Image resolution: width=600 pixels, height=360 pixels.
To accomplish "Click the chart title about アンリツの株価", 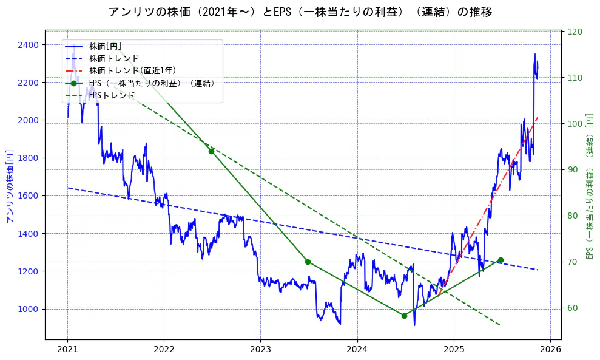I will pyautogui.click(x=300, y=12).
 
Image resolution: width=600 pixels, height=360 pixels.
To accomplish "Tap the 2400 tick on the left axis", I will pyautogui.click(x=29, y=45).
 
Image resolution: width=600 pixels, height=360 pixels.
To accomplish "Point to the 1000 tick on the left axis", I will pyautogui.click(x=29, y=309).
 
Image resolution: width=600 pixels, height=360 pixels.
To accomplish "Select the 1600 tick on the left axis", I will pyautogui.click(x=29, y=195).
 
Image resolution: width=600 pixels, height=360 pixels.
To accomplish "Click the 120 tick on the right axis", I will pyautogui.click(x=574, y=32).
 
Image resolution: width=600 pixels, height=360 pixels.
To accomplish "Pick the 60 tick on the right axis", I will pyautogui.click(x=572, y=308).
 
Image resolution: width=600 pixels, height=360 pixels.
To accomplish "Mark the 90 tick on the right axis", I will pyautogui.click(x=572, y=169).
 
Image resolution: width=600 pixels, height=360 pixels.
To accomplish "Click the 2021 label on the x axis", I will pyautogui.click(x=67, y=350).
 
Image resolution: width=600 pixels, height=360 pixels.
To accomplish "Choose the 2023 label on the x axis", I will pyautogui.click(x=260, y=350).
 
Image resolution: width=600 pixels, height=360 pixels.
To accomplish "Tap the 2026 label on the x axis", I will pyautogui.click(x=550, y=350).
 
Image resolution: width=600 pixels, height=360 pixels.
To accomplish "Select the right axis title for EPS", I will pyautogui.click(x=589, y=186).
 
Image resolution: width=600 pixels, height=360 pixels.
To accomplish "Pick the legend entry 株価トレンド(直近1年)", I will pyautogui.click(x=132, y=70).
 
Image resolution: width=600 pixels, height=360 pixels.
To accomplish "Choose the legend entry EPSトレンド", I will pyautogui.click(x=112, y=95).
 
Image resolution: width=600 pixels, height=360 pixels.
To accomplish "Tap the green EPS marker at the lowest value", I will pyautogui.click(x=404, y=316).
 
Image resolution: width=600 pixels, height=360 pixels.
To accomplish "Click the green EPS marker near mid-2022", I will pyautogui.click(x=211, y=151).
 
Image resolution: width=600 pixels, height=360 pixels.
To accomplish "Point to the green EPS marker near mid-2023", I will pyautogui.click(x=308, y=262).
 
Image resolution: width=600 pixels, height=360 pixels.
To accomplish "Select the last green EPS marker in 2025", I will pyautogui.click(x=501, y=260).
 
